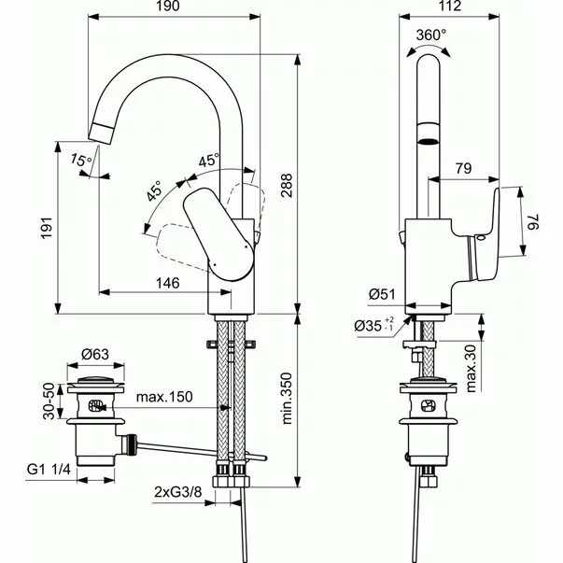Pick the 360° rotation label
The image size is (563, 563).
point(431,35)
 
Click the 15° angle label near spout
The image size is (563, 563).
point(80,161)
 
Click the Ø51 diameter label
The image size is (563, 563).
point(383,294)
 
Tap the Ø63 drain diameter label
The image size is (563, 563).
point(97,354)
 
